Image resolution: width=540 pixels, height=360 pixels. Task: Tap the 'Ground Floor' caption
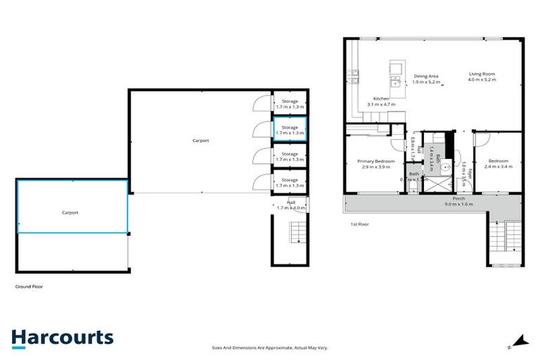tap(30, 287)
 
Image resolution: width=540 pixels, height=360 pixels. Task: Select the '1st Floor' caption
tap(360, 224)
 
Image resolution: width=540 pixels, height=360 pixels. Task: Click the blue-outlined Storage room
tap(289, 129)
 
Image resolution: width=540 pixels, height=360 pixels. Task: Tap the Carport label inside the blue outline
tap(70, 212)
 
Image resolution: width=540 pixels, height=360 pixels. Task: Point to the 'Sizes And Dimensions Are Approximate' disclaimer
tap(270, 347)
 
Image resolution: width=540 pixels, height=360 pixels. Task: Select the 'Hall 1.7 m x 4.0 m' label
tap(290, 205)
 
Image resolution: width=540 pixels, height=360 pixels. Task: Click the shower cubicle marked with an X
tap(439, 185)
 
